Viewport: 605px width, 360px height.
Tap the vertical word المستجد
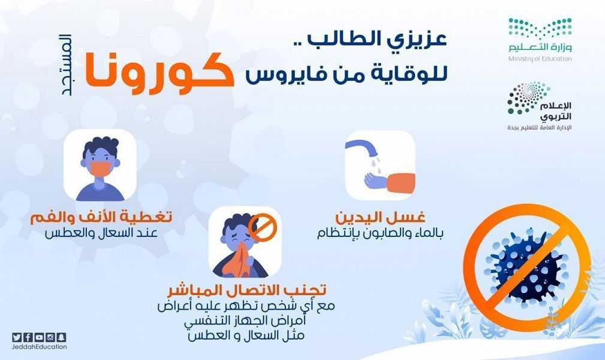coord(65,65)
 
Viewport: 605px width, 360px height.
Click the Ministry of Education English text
coord(540,59)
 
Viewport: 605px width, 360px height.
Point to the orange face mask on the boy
coord(100,169)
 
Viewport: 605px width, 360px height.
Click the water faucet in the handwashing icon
coord(362,149)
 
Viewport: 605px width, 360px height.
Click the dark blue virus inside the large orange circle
coord(526,266)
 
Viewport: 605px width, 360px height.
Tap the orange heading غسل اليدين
coord(380,217)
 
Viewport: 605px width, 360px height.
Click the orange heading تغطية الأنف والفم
coord(101,217)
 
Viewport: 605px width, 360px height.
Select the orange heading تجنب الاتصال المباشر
coord(246,290)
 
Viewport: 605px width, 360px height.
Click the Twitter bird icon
coord(17,337)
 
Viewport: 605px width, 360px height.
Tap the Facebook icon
coord(28,337)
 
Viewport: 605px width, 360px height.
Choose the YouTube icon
coord(39,337)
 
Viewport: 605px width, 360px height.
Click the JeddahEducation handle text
coord(40,347)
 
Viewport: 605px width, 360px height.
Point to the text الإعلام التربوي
coord(555,111)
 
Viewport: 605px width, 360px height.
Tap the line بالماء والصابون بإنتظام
coord(380,233)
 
